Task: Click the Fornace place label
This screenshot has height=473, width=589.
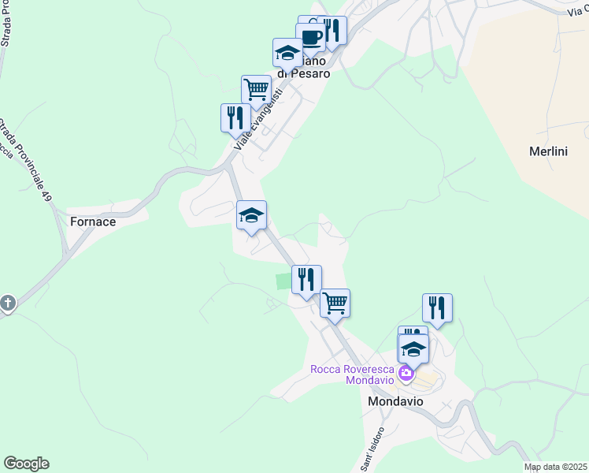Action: (x=93, y=222)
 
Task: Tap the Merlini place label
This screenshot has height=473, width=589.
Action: (x=548, y=152)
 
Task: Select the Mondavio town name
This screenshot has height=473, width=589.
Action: (x=395, y=401)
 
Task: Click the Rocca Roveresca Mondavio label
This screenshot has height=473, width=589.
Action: (x=352, y=374)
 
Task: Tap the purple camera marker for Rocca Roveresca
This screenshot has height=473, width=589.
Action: (x=406, y=373)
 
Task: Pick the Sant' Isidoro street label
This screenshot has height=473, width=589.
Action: (x=373, y=449)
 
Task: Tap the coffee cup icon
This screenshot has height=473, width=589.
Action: (x=311, y=36)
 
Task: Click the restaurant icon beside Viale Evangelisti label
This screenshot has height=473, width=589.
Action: (x=235, y=117)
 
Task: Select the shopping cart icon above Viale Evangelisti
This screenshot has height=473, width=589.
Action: (x=256, y=89)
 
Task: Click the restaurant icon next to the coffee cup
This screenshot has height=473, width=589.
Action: (x=332, y=30)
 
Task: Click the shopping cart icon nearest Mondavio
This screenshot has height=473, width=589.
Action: (x=335, y=303)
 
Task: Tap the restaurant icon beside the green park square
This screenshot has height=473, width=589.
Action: (x=306, y=278)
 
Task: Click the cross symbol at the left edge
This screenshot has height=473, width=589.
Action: (x=8, y=303)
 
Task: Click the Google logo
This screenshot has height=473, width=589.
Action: (x=26, y=464)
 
